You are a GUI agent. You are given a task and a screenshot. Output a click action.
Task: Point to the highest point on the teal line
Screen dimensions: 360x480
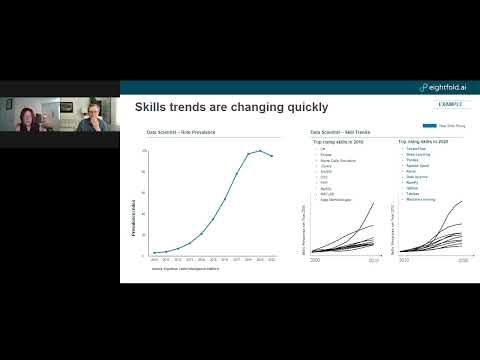coord(260,151)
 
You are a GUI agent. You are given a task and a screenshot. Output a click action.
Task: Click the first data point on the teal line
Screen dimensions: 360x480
coord(154,253)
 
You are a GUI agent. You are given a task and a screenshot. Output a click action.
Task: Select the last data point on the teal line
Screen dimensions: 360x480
coord(272,155)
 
